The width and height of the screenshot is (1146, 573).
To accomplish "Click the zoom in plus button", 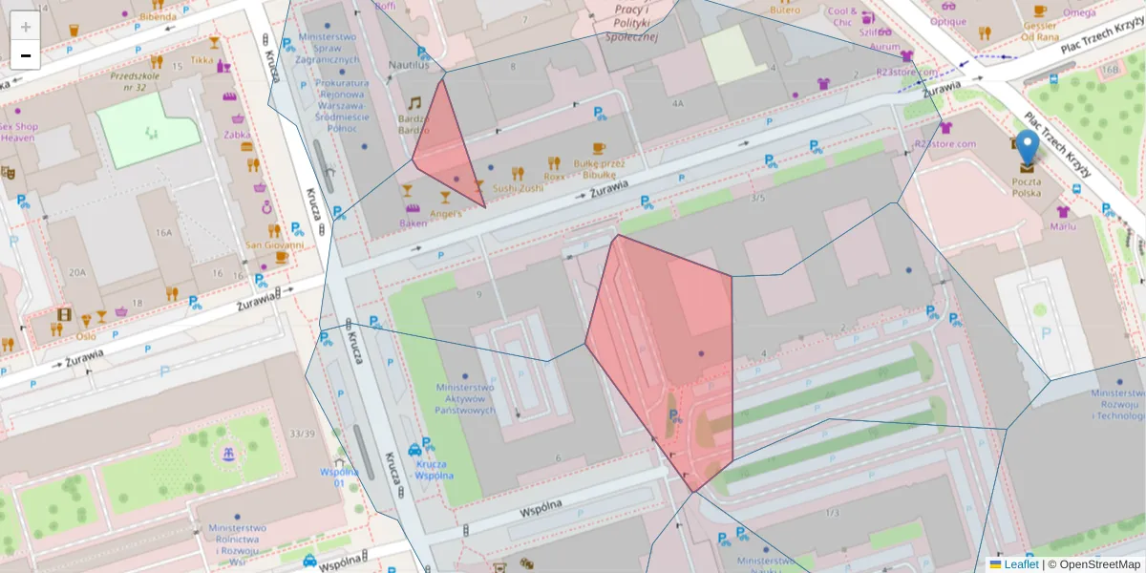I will (26, 27).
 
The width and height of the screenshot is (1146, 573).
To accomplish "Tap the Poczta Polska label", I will (1027, 186).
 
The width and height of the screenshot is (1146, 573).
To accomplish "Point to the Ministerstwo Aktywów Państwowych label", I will (465, 399).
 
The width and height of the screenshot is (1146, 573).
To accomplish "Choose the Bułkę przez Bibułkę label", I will (599, 169).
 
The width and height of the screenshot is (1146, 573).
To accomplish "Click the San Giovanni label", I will (274, 244).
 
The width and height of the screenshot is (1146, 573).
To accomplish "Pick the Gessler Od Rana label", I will (1039, 32).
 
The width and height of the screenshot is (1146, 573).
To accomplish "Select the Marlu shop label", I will (1063, 226).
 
